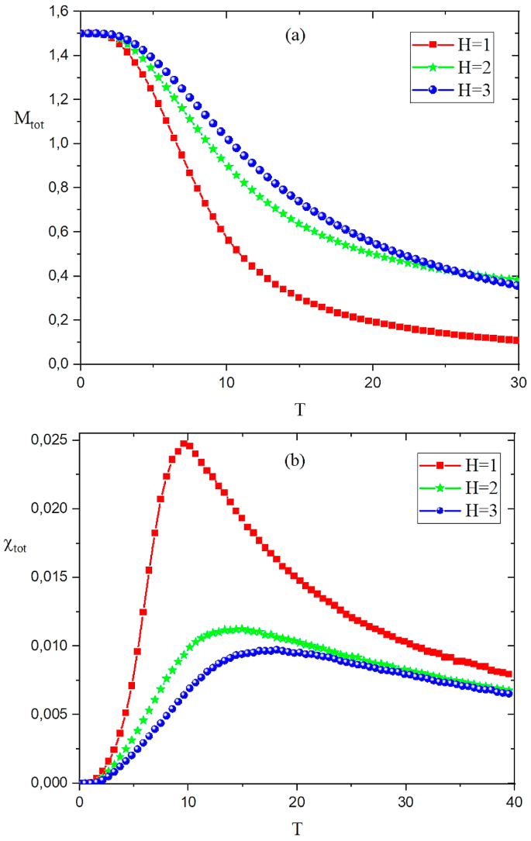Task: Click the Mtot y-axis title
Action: [28, 119]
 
